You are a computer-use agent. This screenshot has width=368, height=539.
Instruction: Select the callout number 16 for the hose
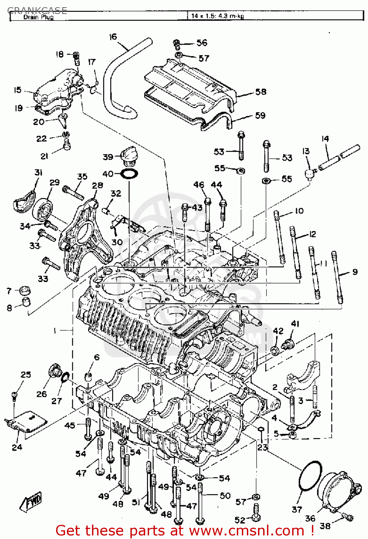(x=113, y=37)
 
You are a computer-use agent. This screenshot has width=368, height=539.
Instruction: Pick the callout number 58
(x=261, y=92)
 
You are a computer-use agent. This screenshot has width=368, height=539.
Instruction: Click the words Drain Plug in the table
(x=38, y=17)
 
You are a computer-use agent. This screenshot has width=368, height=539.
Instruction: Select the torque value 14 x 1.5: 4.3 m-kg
(x=217, y=16)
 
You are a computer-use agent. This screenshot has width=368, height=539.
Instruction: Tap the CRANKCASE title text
(x=37, y=10)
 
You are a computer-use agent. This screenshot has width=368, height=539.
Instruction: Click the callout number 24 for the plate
(x=17, y=447)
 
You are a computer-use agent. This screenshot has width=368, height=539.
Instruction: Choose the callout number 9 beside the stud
(x=355, y=272)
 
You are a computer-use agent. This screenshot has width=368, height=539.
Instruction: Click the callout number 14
(x=325, y=139)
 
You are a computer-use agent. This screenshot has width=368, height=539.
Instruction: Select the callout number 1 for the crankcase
(x=55, y=330)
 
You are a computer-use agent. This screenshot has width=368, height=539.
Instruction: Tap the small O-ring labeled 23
(x=262, y=429)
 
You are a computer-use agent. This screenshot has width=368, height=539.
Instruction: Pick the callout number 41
(x=295, y=324)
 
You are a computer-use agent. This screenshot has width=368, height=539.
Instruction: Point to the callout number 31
(x=38, y=172)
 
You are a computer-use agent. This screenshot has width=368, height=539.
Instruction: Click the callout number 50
(x=225, y=496)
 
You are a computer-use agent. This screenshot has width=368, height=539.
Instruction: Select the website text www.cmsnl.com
(x=247, y=530)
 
